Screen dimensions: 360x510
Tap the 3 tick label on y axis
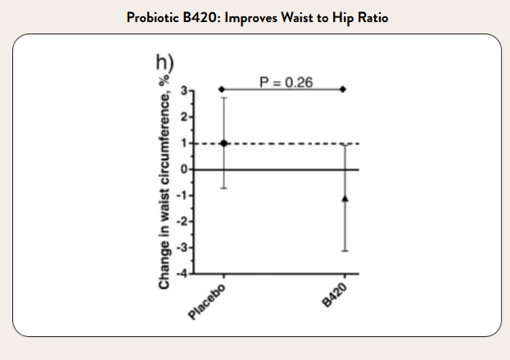186,90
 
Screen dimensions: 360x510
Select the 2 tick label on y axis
186,116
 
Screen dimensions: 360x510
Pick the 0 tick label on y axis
186,169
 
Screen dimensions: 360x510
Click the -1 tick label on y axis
183,195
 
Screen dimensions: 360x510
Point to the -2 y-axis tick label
183,221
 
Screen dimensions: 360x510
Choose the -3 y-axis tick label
183,247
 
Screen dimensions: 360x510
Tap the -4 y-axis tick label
183,273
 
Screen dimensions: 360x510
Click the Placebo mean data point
222,143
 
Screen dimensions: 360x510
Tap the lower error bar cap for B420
345,250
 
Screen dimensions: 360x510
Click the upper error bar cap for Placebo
222,98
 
